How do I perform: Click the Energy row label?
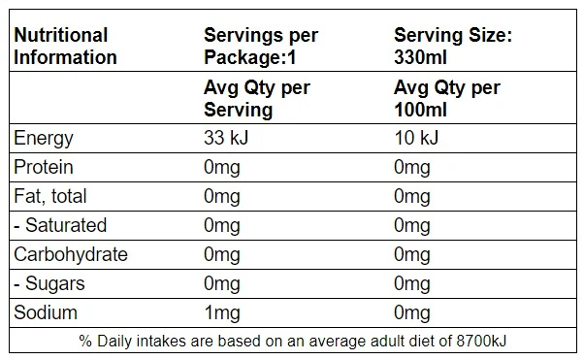pos(44,139)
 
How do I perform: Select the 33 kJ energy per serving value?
pos(226,138)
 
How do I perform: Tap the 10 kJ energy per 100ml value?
pos(416,138)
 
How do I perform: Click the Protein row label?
pos(44,167)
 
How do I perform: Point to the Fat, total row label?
pos(50,196)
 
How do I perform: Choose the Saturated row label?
pos(60,225)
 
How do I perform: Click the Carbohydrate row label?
pos(71,254)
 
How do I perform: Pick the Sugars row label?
pos(49,284)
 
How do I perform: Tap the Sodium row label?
pos(46,312)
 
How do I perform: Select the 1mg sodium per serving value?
pos(222,313)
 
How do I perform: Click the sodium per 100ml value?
pos(412,313)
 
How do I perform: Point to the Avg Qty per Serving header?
pos(257,99)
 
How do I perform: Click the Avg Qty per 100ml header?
pos(447,99)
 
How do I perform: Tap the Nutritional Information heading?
pos(65,47)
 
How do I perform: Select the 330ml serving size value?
pos(420,58)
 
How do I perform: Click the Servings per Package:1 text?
pos(261,47)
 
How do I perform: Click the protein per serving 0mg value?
pos(222,168)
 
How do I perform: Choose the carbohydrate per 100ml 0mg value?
pos(412,255)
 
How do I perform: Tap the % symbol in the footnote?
pos(85,341)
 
